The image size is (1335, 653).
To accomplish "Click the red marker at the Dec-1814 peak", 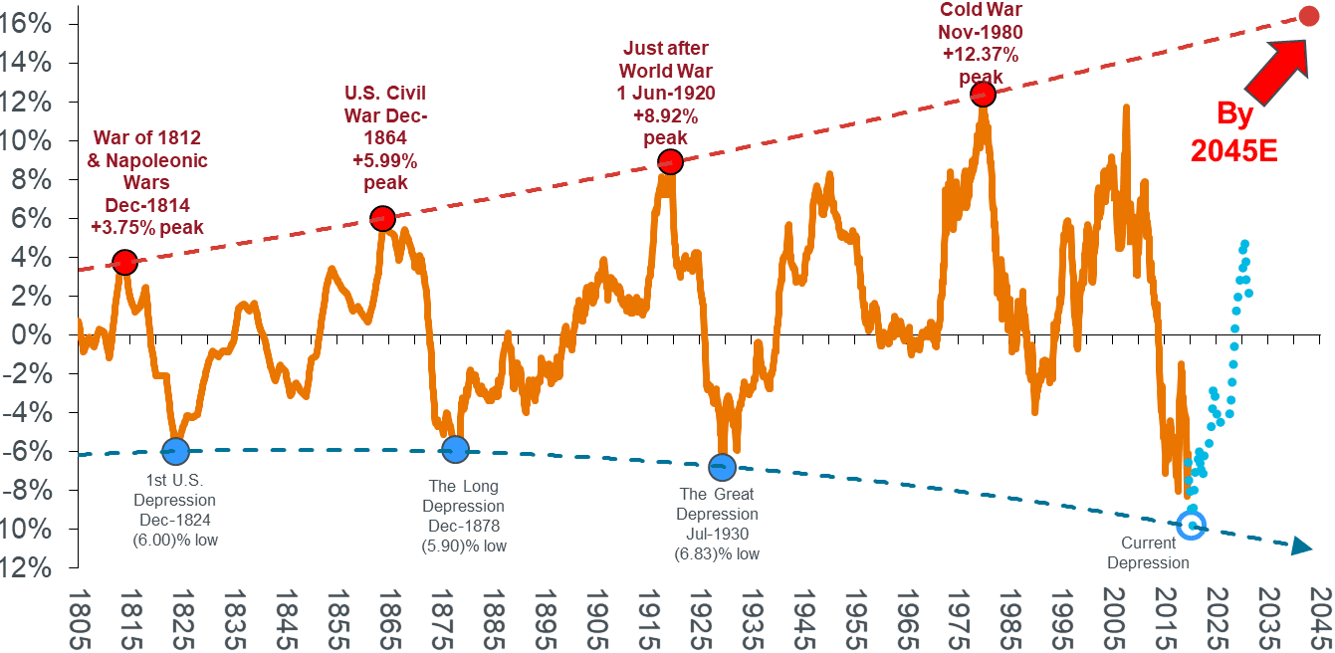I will pyautogui.click(x=124, y=263).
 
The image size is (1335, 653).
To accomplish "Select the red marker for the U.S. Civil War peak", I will pyautogui.click(x=382, y=218).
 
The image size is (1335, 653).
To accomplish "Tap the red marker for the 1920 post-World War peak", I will pyautogui.click(x=670, y=161).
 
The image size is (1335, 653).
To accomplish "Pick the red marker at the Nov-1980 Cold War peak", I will pyautogui.click(x=983, y=95).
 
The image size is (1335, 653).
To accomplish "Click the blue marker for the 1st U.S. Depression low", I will pyautogui.click(x=176, y=450).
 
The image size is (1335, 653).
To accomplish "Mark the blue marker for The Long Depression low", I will pyautogui.click(x=455, y=449).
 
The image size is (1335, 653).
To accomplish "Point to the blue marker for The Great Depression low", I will pyautogui.click(x=722, y=467).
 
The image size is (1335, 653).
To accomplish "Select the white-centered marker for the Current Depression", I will pyautogui.click(x=1191, y=525).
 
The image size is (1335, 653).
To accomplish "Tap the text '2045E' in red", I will pyautogui.click(x=1234, y=150).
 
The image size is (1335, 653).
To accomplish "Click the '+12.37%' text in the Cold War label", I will pyautogui.click(x=981, y=56).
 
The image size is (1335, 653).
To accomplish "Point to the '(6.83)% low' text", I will pyautogui.click(x=717, y=553).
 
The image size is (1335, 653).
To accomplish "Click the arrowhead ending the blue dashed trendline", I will pyautogui.click(x=1301, y=547).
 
